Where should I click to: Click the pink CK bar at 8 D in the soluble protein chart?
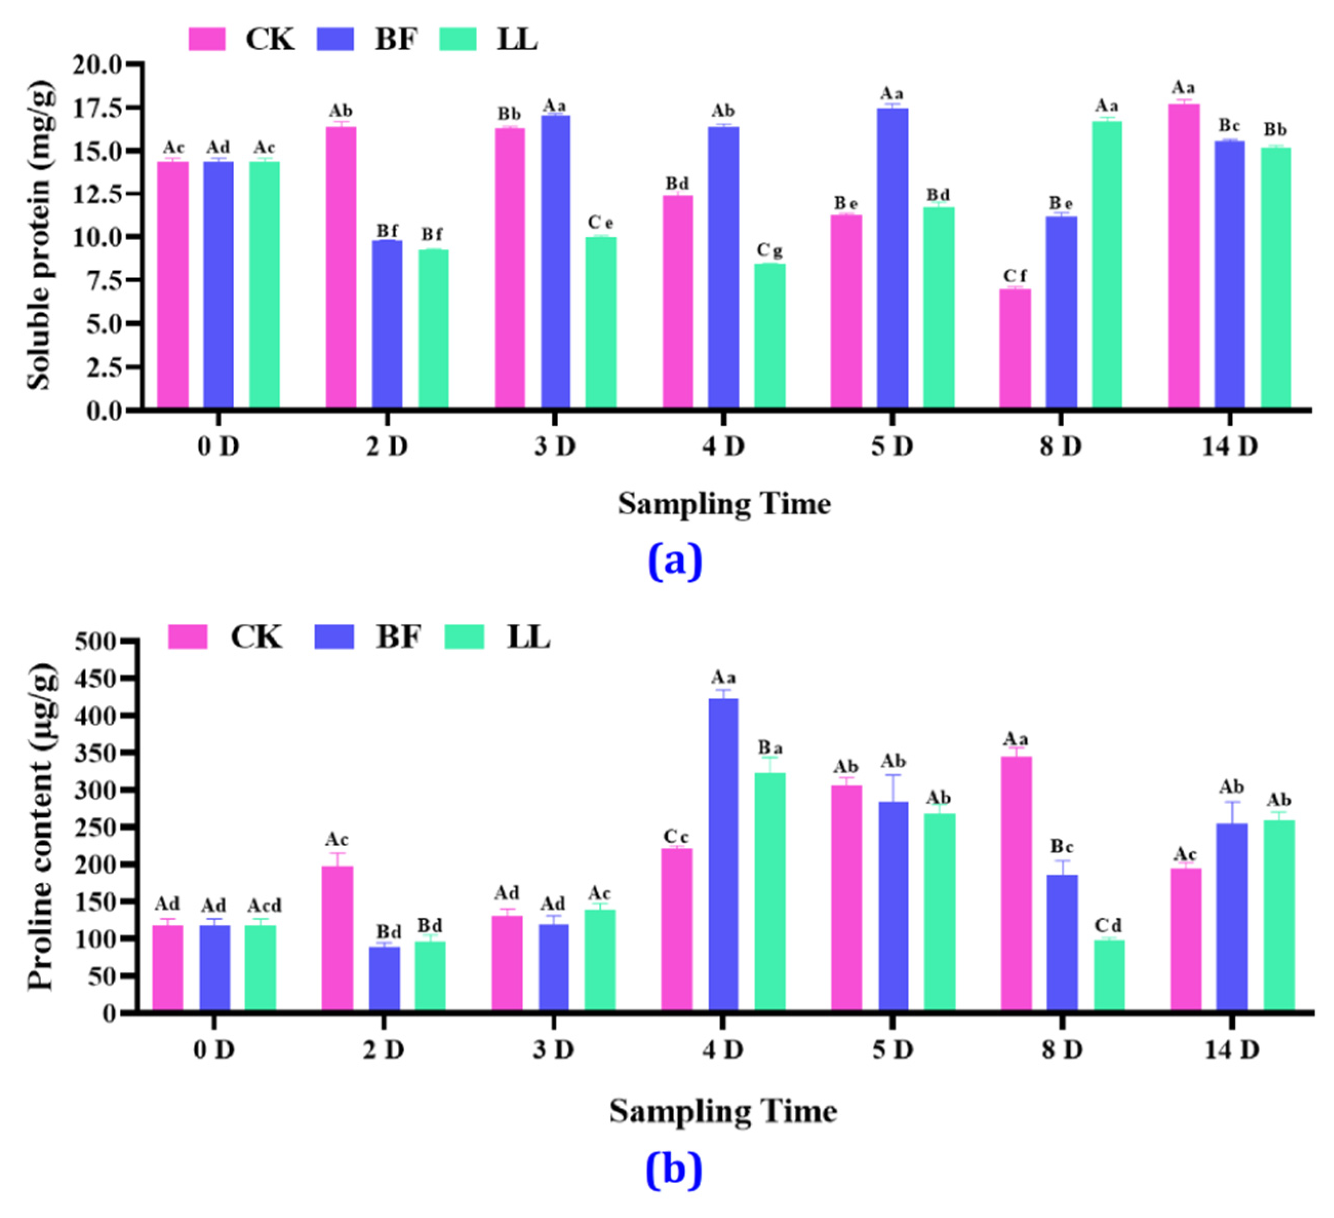click(x=1014, y=348)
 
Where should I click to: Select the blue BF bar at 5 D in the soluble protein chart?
click(x=892, y=258)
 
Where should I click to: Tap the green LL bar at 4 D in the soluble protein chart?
click(x=769, y=336)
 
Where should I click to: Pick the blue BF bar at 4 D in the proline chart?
click(x=723, y=854)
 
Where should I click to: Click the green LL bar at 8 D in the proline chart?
click(x=1109, y=974)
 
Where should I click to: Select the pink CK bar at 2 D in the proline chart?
click(x=337, y=937)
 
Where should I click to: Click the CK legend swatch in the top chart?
click(x=207, y=39)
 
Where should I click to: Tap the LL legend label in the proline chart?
click(x=528, y=637)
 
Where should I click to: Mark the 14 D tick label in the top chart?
click(x=1229, y=447)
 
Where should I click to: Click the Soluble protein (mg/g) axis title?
click(x=39, y=235)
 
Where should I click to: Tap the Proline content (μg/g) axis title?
click(x=41, y=828)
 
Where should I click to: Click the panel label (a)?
click(x=673, y=561)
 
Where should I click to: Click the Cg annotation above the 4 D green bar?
click(x=769, y=250)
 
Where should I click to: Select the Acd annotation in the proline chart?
click(x=264, y=905)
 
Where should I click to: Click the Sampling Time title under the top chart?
click(x=724, y=504)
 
